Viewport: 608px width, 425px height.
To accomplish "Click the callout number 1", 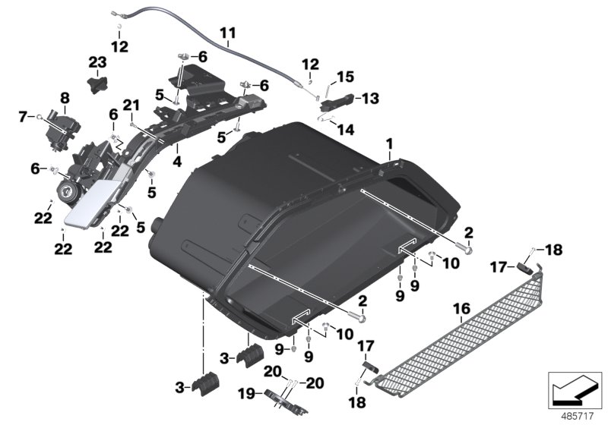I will [390, 142].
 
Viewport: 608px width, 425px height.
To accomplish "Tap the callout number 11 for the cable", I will [228, 33].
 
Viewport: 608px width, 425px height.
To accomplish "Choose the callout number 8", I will [65, 97].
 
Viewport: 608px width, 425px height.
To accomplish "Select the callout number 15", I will [346, 77].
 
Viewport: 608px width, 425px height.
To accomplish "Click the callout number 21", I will [130, 104].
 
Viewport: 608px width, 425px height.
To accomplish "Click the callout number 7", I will [22, 116].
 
